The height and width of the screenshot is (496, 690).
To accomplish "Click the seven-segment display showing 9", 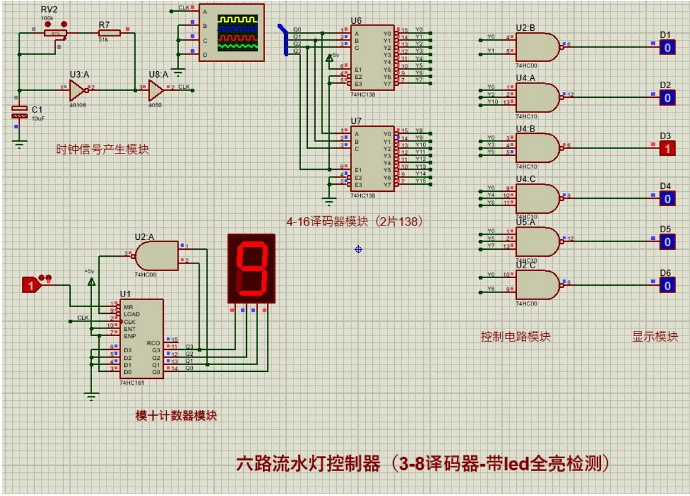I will coord(251,268).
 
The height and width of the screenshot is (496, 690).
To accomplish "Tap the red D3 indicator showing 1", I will coord(667,148).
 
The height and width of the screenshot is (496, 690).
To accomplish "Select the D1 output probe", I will coord(667,48).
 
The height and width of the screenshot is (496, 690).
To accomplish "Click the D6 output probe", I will coord(667,285).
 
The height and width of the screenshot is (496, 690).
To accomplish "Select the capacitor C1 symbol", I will coord(20,113).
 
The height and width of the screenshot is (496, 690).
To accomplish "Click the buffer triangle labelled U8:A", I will coord(155,90).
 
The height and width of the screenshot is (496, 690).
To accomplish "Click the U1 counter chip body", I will coord(141,338).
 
